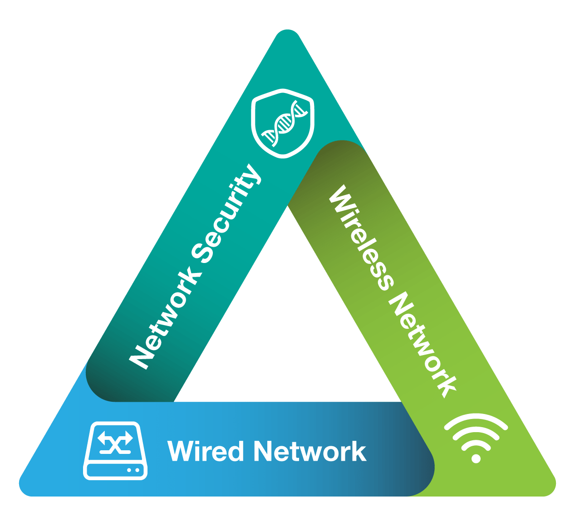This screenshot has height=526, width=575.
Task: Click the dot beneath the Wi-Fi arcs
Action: pyautogui.click(x=476, y=458)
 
